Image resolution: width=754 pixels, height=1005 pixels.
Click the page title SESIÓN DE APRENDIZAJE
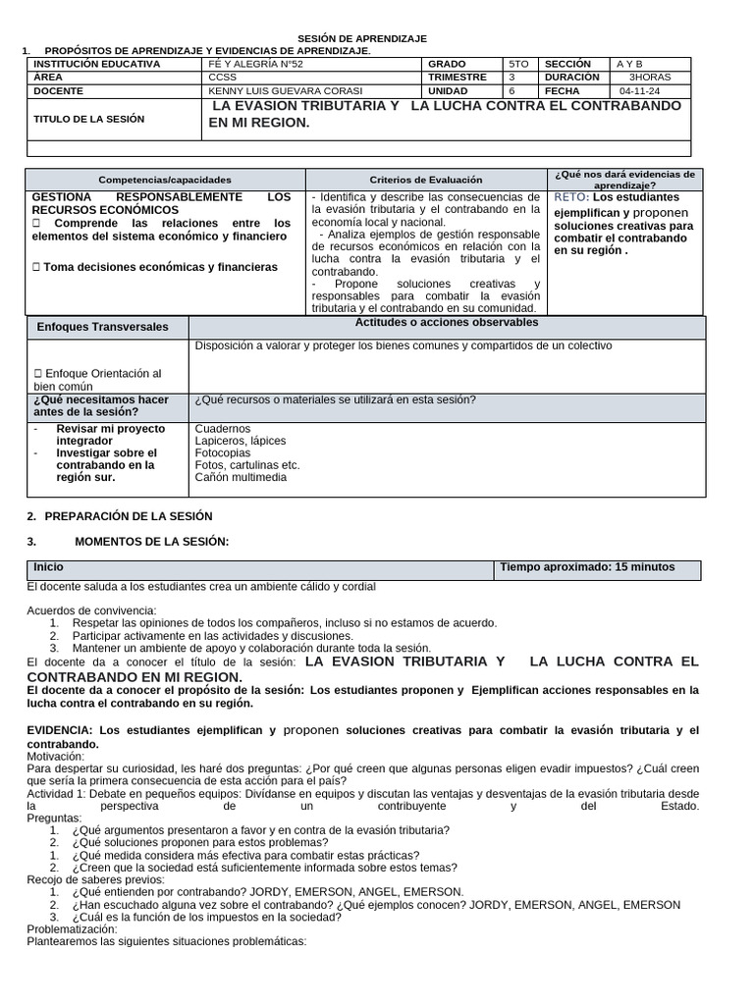(x=362, y=38)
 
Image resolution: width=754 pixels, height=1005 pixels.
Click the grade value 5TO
(x=518, y=64)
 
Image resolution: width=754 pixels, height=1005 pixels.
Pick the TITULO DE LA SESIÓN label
(x=88, y=119)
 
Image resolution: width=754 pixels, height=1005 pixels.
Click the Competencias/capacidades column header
(x=165, y=180)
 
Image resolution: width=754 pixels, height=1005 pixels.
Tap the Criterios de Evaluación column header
(x=426, y=180)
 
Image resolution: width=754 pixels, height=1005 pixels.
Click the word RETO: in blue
(x=571, y=197)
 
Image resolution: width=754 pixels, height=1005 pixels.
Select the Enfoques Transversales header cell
(x=102, y=327)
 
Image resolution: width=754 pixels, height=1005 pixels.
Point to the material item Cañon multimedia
(x=241, y=477)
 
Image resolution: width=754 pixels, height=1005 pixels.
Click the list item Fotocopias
(x=223, y=453)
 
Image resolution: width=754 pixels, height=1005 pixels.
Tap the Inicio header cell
(x=48, y=567)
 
